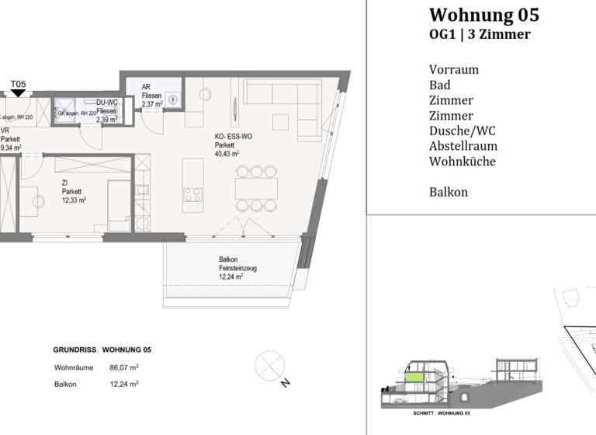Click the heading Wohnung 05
(483, 15)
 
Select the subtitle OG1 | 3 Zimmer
(480, 34)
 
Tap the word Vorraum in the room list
(453, 69)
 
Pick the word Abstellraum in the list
(463, 146)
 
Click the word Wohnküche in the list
(462, 162)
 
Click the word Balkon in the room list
(448, 192)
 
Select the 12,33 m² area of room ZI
(74, 200)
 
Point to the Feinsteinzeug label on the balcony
(237, 268)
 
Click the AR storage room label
(146, 87)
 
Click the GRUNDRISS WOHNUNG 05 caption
(102, 350)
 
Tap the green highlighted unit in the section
(416, 377)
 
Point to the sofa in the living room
(283, 102)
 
